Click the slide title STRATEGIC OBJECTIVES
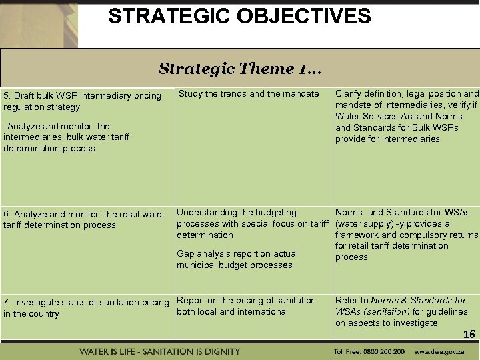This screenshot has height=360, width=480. (x=239, y=16)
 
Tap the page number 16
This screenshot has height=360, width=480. (x=469, y=335)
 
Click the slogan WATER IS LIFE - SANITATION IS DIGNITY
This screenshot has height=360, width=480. (x=160, y=351)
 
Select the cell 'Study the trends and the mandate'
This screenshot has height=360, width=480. (x=249, y=94)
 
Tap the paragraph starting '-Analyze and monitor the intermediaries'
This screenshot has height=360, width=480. (x=67, y=137)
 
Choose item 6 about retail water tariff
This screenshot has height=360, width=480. (x=84, y=219)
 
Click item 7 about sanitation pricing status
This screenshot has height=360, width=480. (x=86, y=307)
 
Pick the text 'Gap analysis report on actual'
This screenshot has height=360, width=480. (x=237, y=253)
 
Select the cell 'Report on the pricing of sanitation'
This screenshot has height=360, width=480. (x=246, y=301)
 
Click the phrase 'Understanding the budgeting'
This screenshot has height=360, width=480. (x=237, y=212)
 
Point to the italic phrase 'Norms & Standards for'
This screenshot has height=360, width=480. (x=419, y=301)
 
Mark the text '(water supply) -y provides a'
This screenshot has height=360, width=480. (x=393, y=223)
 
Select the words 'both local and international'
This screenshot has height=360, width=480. (x=232, y=311)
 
